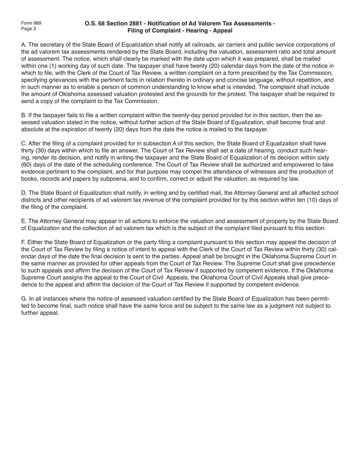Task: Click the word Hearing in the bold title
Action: click(200, 30)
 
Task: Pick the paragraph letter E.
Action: click(23, 221)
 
